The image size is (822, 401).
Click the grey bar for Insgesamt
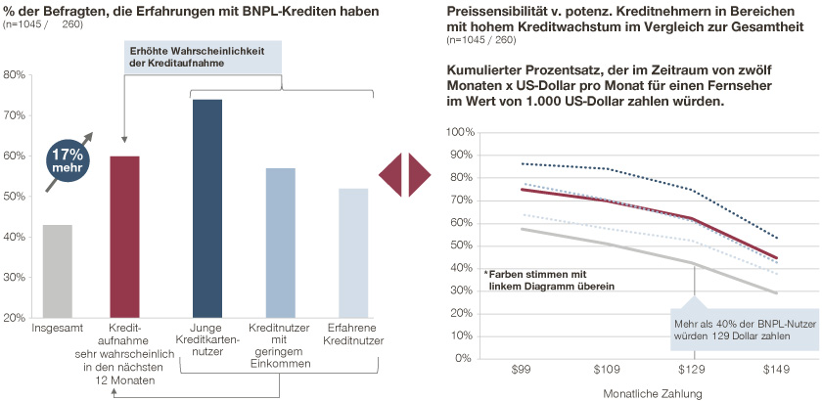[58, 271]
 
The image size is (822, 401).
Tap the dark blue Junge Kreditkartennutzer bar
[207, 208]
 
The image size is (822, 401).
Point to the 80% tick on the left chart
[15, 74]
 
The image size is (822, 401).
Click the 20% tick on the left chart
[15, 318]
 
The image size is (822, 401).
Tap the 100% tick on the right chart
[458, 132]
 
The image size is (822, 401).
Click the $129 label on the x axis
[693, 372]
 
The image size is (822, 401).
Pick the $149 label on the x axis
[776, 372]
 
